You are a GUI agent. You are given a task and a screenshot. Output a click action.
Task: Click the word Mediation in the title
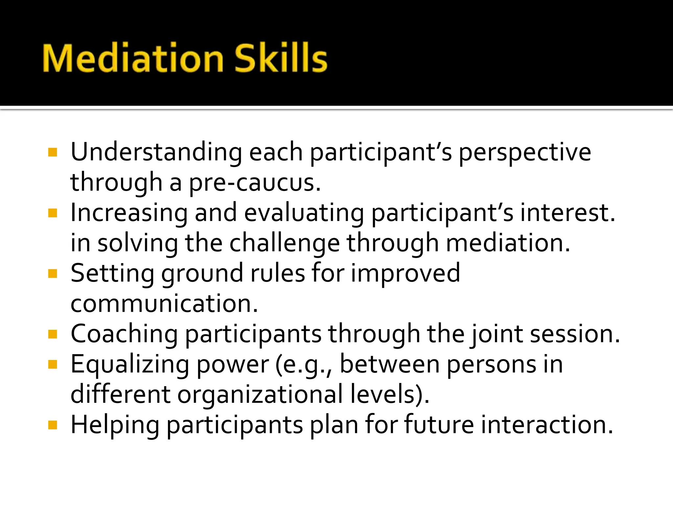[133, 58]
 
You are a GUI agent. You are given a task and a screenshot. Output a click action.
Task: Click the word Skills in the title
[280, 58]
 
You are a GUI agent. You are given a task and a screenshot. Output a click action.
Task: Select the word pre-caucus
[255, 183]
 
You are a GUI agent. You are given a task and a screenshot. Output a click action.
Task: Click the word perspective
[524, 153]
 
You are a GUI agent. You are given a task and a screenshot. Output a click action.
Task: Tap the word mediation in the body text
[508, 243]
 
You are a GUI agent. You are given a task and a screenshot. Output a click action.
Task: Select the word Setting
[112, 274]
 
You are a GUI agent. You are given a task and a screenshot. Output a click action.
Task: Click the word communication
[164, 303]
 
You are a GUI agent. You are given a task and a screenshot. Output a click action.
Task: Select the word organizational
[260, 395]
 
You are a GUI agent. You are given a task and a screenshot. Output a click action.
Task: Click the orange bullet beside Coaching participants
[53, 334]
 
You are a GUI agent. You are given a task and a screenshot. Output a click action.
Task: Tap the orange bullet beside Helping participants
[53, 425]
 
